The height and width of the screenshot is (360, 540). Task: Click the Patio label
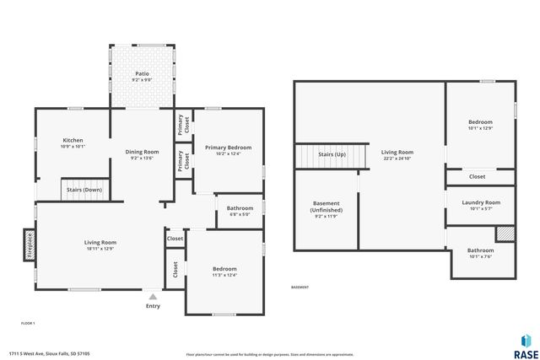(143, 74)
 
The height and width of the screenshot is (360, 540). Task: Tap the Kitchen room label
(73, 140)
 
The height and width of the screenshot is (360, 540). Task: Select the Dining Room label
(142, 152)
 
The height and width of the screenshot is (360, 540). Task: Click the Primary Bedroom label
(228, 148)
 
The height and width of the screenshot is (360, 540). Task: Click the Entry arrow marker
(153, 297)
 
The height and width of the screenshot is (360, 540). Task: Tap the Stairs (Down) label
(84, 191)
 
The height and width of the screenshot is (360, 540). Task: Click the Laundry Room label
(480, 202)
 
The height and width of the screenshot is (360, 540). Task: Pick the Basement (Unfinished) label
(326, 207)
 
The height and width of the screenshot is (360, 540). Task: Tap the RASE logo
(525, 343)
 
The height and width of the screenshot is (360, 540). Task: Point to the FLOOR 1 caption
(28, 323)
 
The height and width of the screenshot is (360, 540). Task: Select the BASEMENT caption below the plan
(300, 287)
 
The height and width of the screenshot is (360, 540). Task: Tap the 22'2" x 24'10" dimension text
(397, 158)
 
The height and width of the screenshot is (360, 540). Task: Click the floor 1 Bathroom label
(240, 208)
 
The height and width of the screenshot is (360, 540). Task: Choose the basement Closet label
(477, 177)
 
